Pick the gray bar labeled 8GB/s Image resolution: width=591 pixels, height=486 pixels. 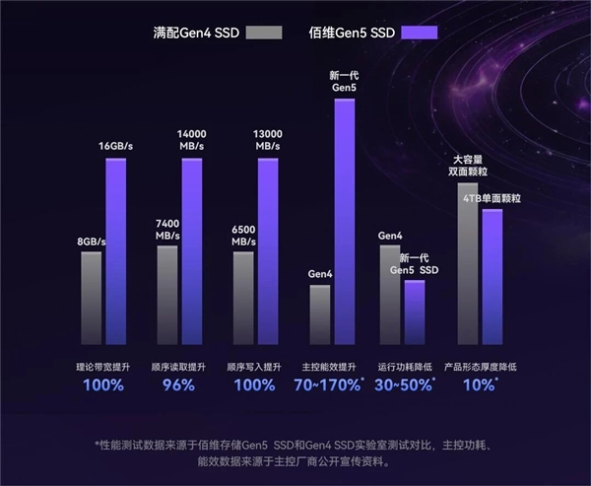(x=92, y=296)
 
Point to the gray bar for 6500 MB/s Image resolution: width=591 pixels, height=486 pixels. (x=243, y=296)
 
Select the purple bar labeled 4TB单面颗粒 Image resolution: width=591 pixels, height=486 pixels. (x=492, y=276)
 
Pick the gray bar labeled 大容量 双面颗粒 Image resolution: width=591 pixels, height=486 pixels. (x=468, y=261)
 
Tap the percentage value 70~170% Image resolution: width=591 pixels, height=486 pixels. (x=329, y=384)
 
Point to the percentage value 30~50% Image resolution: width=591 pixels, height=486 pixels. (x=405, y=384)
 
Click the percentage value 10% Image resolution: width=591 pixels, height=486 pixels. (x=480, y=384)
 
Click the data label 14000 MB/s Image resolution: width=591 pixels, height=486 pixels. (x=191, y=139)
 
